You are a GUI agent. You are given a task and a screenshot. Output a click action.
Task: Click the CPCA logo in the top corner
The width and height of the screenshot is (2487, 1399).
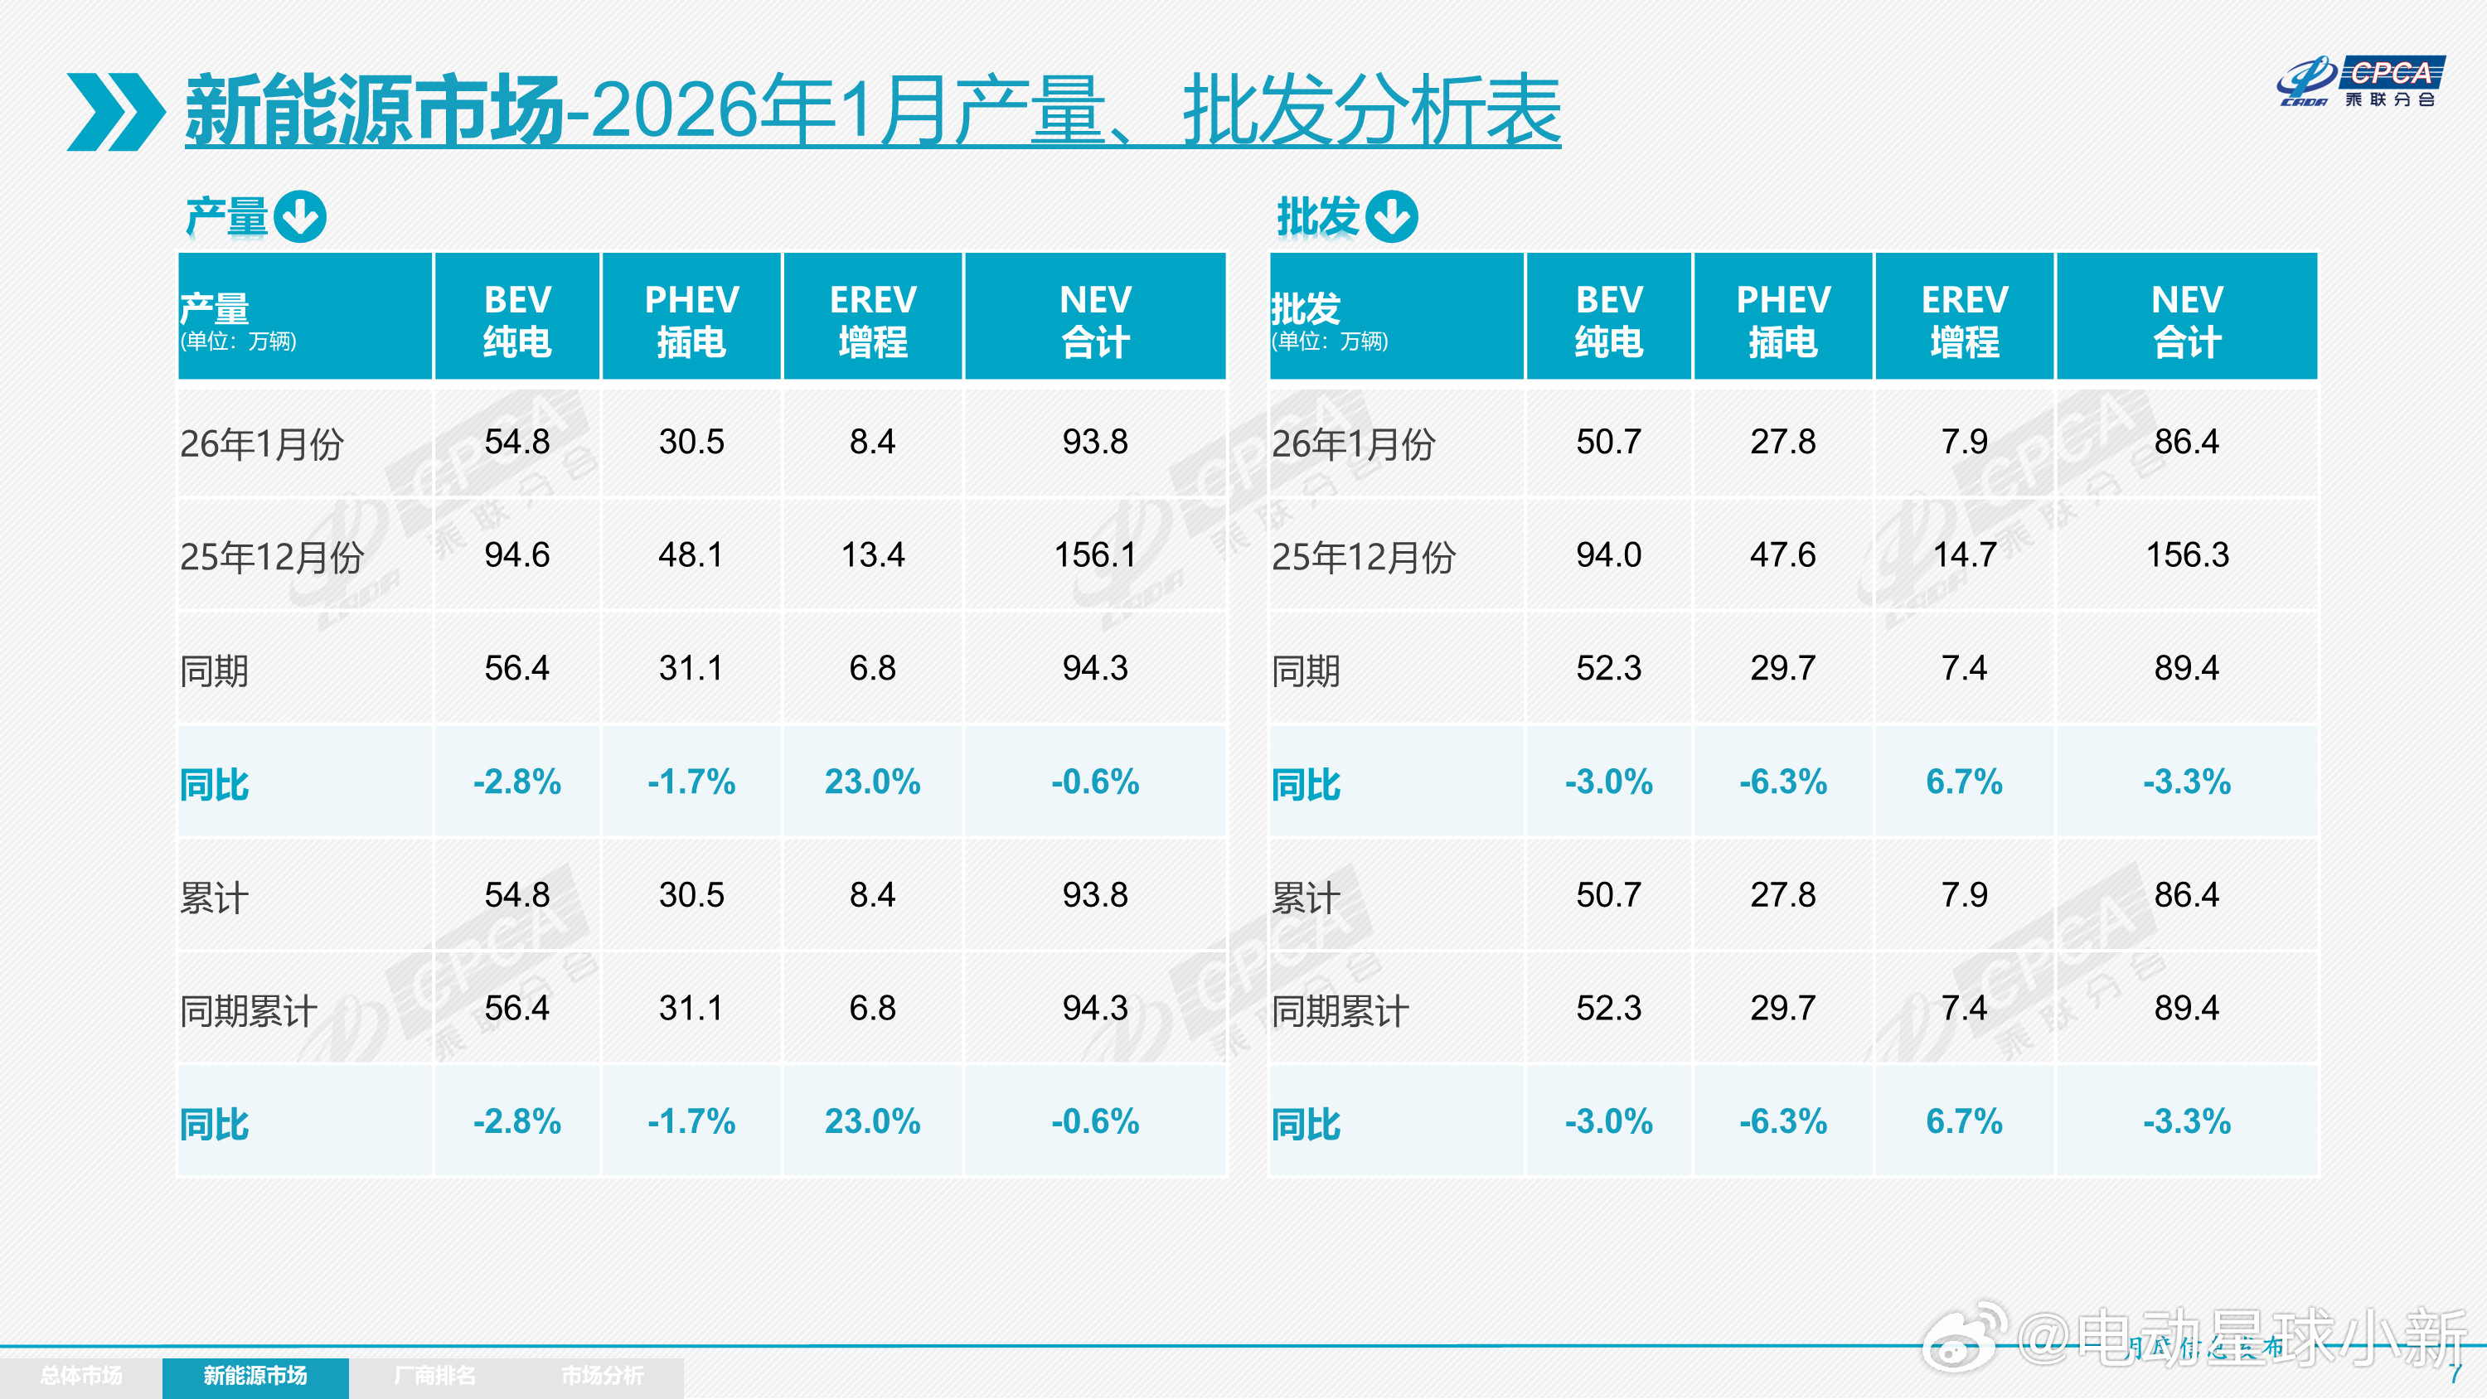click(x=2360, y=81)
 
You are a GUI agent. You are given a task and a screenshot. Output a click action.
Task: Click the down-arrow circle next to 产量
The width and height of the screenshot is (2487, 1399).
click(x=299, y=216)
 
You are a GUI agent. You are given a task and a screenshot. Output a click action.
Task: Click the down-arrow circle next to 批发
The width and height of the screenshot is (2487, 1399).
click(x=1392, y=216)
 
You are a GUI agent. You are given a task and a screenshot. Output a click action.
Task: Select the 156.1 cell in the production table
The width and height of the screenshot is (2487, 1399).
click(x=1095, y=555)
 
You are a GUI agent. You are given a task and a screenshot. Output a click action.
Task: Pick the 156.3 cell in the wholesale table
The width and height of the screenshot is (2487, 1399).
click(x=2187, y=555)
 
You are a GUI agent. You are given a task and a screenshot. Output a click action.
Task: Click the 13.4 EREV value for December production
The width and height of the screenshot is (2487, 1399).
click(x=872, y=555)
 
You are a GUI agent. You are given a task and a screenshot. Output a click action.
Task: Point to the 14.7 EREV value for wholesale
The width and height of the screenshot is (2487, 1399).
click(x=1964, y=555)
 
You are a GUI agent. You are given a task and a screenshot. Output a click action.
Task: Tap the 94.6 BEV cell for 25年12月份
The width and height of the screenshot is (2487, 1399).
click(x=516, y=555)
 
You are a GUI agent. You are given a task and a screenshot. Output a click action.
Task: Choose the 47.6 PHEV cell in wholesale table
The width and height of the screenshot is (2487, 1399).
click(x=1782, y=555)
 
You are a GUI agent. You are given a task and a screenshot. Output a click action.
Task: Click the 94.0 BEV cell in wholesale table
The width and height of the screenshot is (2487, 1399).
click(x=1607, y=555)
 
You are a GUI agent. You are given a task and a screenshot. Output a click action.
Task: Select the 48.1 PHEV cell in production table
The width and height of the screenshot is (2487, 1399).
click(x=691, y=555)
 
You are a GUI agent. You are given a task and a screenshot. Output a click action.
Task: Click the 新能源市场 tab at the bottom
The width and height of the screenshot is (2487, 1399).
click(x=255, y=1376)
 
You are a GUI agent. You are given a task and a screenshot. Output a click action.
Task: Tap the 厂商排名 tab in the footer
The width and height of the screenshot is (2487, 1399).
click(x=434, y=1376)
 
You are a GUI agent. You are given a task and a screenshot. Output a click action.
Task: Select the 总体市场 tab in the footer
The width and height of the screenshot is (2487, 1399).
click(x=81, y=1376)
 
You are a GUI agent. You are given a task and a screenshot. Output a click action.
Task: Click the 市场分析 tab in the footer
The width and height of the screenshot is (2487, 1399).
click(x=602, y=1376)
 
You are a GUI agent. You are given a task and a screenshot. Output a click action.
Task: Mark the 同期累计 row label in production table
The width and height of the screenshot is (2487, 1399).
click(x=248, y=1011)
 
